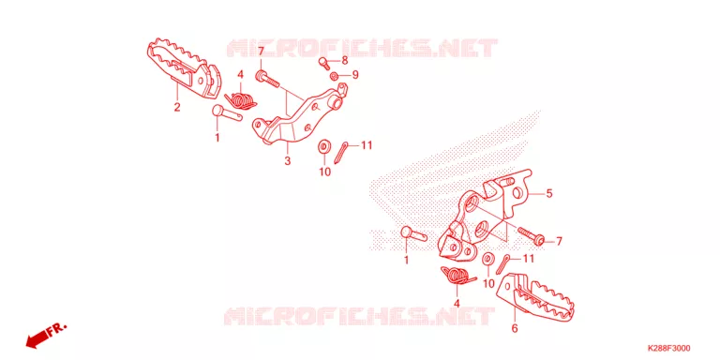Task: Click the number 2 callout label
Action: point(177,108)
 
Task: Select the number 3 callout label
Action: point(288,161)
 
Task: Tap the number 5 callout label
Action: point(548,194)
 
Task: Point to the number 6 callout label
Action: point(515,328)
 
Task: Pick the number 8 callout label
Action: point(344,60)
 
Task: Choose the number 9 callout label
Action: point(355,74)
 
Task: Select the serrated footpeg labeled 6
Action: point(537,296)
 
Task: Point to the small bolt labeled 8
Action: point(323,63)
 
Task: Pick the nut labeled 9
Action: point(335,75)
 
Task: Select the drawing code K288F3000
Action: point(668,348)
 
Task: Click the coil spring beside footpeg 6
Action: point(457,276)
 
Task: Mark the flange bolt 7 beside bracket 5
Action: point(532,235)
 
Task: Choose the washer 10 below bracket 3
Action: point(323,147)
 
